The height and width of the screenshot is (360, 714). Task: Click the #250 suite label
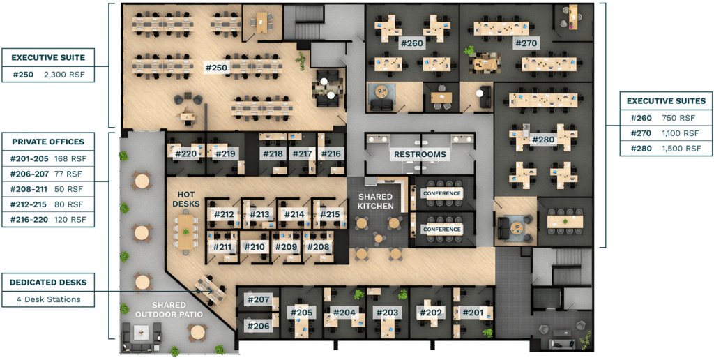(x=216, y=68)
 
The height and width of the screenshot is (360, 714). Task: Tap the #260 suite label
(x=411, y=43)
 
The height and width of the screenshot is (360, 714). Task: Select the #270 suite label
(x=525, y=43)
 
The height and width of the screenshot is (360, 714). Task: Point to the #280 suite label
(x=542, y=140)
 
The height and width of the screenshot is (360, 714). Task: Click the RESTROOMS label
(x=419, y=154)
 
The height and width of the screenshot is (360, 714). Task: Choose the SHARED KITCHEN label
(x=376, y=202)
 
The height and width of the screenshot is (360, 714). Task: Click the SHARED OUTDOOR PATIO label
(x=169, y=310)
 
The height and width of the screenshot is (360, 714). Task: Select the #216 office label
(x=331, y=153)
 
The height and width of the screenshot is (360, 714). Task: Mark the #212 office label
(x=223, y=214)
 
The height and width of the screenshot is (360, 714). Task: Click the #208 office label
(x=318, y=246)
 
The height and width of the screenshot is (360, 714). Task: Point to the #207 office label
(x=258, y=300)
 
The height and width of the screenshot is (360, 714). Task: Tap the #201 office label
(x=472, y=312)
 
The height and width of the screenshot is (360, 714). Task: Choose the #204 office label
(x=344, y=312)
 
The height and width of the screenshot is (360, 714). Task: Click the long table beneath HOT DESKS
(x=186, y=230)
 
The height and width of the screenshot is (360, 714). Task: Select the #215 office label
(x=331, y=214)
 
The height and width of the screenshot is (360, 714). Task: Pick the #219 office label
(x=225, y=153)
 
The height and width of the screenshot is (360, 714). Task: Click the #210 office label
(x=254, y=246)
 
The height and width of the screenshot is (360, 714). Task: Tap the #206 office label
(x=258, y=325)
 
